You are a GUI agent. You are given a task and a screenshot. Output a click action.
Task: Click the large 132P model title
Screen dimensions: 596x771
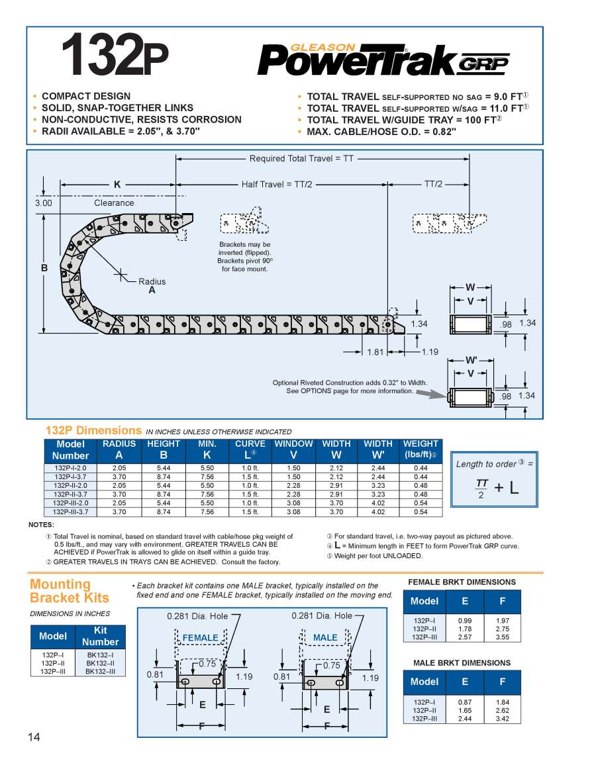point(115,54)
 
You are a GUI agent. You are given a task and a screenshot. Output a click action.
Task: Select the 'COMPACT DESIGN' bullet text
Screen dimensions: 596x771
point(86,96)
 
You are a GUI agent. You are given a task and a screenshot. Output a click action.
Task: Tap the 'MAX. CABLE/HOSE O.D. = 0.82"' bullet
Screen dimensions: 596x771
point(381,132)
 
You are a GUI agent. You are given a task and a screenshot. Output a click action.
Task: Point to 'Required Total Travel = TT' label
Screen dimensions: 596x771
point(301,158)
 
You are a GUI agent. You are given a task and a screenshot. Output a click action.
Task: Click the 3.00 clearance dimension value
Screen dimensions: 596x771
point(43,203)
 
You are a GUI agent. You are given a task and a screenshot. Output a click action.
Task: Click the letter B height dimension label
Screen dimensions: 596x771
point(44,268)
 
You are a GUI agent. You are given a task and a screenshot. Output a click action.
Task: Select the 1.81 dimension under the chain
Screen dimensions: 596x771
point(375,352)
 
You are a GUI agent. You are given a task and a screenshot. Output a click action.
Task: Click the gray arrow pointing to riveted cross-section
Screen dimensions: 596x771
point(430,393)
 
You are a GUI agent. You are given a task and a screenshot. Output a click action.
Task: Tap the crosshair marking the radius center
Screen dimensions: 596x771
point(121,275)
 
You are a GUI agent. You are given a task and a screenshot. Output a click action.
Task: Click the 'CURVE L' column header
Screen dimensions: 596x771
point(250,450)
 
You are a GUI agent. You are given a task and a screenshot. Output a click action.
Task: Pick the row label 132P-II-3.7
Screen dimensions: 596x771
point(70,494)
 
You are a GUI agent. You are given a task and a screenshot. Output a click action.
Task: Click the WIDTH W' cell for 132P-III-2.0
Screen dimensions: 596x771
point(378,503)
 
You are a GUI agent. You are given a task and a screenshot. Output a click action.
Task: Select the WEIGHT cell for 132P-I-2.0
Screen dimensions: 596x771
point(421,468)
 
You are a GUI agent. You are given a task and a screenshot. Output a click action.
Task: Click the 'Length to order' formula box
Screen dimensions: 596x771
point(494,479)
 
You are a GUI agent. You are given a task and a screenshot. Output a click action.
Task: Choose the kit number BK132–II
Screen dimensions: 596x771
point(101,663)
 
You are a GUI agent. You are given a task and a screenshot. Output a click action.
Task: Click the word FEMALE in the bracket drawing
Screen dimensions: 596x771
point(200,638)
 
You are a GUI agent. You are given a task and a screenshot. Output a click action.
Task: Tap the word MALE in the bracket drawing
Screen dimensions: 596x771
point(325,638)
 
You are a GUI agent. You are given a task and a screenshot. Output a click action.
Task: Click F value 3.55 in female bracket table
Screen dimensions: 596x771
point(503,637)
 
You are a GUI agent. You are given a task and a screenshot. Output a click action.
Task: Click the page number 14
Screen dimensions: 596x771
point(34,737)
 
